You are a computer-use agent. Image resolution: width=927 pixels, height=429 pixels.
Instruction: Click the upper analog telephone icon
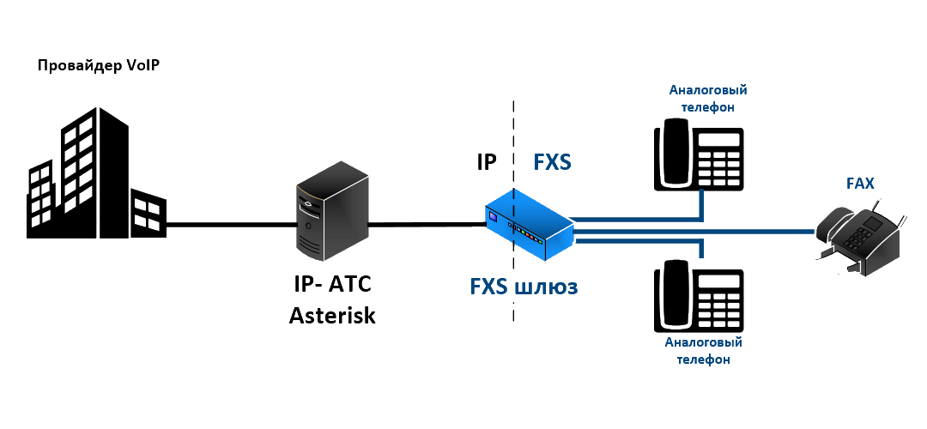[x=700, y=154]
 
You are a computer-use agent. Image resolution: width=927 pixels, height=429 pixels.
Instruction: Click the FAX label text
[x=860, y=183]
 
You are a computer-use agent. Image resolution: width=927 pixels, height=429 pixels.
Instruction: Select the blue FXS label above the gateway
[x=552, y=162]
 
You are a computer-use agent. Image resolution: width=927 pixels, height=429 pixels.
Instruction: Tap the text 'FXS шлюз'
[x=524, y=287]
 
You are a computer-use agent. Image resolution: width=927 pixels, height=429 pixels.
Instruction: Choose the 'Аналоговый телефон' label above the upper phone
[x=706, y=99]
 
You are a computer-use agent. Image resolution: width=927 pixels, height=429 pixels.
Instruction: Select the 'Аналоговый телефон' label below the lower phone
[x=703, y=351]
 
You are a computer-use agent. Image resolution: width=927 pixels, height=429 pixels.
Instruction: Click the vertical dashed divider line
[x=513, y=129]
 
